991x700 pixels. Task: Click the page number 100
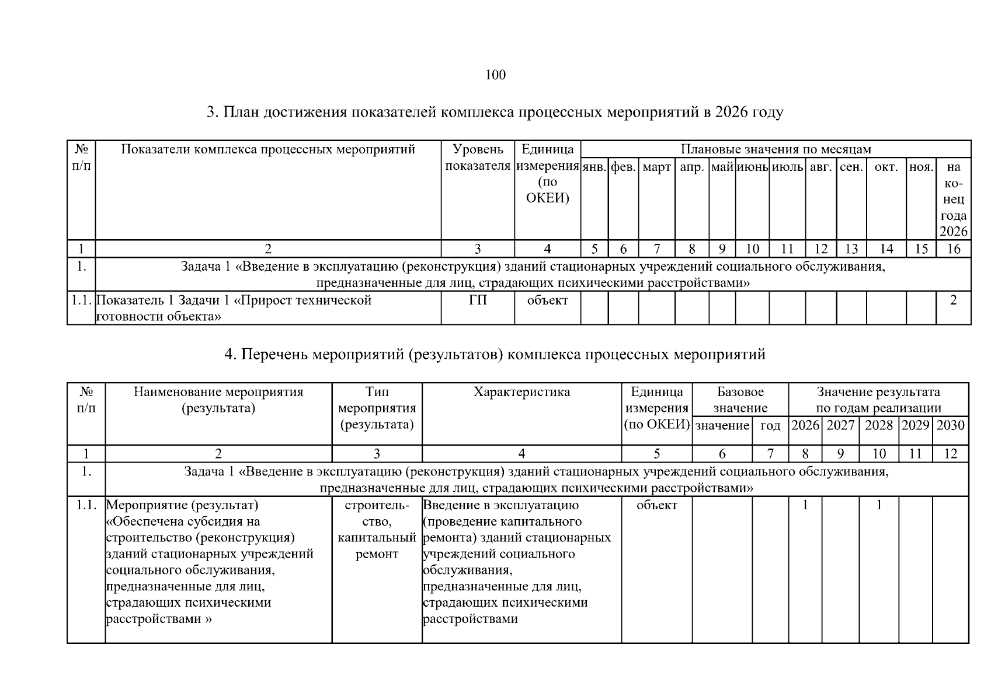(x=495, y=75)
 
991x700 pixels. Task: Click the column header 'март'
(x=656, y=167)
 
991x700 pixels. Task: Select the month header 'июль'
(x=787, y=167)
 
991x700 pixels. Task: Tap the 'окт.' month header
(x=886, y=167)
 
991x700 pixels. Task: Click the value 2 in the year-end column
(x=953, y=301)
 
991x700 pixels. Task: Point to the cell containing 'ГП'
(x=477, y=301)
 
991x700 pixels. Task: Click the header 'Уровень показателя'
(x=477, y=158)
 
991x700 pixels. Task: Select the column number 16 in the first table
(x=953, y=249)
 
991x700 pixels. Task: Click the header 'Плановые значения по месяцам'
(x=776, y=149)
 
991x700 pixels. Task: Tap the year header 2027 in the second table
(x=840, y=425)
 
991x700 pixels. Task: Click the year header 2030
(x=950, y=425)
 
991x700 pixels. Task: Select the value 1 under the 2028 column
(x=879, y=505)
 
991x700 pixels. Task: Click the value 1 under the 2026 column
(x=805, y=505)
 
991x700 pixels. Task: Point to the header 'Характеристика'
(x=521, y=392)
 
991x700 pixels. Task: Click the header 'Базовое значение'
(x=740, y=400)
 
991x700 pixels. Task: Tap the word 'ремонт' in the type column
(x=377, y=554)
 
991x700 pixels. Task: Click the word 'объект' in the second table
(x=656, y=505)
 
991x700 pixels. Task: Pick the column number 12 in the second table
(x=950, y=454)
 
